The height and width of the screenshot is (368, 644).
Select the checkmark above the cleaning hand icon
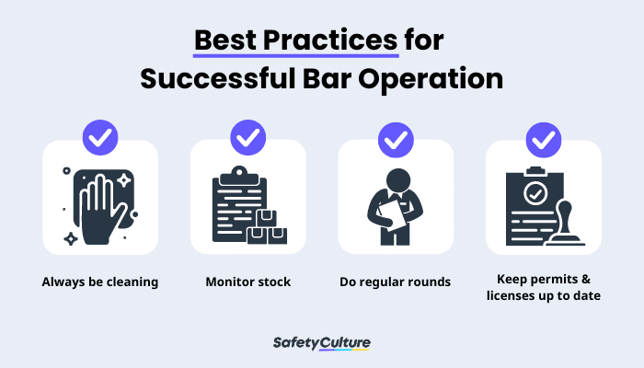click(x=100, y=138)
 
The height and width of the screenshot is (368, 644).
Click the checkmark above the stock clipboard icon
click(x=247, y=138)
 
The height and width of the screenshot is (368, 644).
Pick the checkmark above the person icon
click(x=396, y=138)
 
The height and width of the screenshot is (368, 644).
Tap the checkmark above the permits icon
click(x=543, y=138)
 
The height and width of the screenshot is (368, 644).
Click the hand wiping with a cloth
click(x=99, y=205)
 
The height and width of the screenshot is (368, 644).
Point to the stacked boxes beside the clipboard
click(x=267, y=227)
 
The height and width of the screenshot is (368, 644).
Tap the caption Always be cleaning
click(x=100, y=282)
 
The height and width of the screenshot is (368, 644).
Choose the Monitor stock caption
click(x=247, y=282)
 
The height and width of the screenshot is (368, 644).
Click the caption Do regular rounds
click(x=396, y=282)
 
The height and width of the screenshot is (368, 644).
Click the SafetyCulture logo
click(x=322, y=343)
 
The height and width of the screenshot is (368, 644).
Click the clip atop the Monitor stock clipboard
click(x=240, y=172)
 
